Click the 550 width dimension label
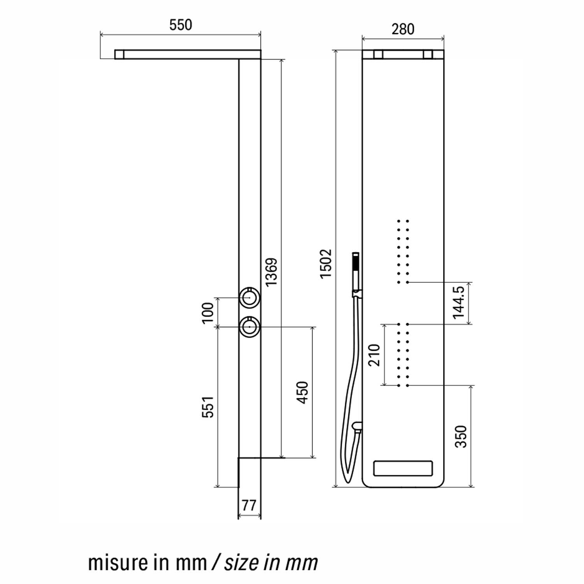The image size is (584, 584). tap(181, 25)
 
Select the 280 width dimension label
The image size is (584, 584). tap(403, 29)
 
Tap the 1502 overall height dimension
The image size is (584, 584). tap(325, 263)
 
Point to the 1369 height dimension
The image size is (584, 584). tap(271, 272)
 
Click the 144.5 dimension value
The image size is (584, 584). tap(459, 303)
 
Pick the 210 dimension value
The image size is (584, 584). tap(374, 355)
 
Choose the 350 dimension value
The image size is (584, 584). tap(461, 436)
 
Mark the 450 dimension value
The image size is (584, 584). tap(303, 392)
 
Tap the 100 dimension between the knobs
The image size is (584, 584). tap(208, 312)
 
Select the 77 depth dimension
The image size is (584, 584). tap(249, 505)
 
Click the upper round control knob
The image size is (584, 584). tap(250, 298)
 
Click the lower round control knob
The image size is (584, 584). tap(250, 327)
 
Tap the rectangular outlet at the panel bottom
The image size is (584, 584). tap(403, 468)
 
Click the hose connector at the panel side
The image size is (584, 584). tap(357, 427)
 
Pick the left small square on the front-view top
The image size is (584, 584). tap(378, 55)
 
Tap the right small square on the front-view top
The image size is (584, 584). tap(428, 55)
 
